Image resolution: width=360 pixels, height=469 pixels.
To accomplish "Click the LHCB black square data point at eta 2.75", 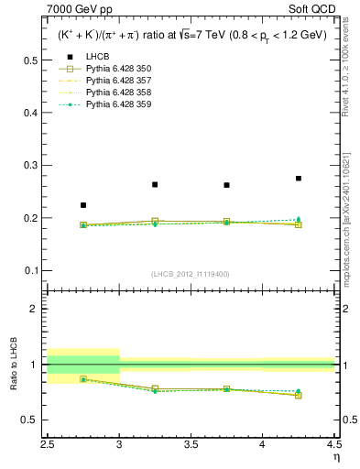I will (83, 205).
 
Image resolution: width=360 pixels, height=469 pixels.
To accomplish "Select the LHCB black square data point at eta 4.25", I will (299, 178).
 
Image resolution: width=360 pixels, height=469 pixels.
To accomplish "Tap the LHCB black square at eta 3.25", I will (155, 184).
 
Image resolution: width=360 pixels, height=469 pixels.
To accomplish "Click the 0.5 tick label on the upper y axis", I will (31, 60).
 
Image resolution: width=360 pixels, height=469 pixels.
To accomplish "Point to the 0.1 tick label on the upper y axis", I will (31, 271).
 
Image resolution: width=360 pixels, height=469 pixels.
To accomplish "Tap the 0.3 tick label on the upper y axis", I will (31, 166).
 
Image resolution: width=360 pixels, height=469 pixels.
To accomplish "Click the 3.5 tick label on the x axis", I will (191, 444).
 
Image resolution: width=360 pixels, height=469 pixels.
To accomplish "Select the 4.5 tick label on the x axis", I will (333, 444).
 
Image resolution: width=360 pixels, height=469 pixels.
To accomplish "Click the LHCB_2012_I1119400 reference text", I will (191, 274).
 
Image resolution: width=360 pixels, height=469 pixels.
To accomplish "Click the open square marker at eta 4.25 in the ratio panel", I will (299, 395).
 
